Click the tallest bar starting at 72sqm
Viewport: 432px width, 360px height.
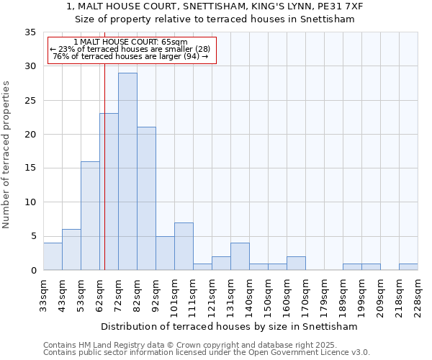pyautogui.click(x=127, y=171)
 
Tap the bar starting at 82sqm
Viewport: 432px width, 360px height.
pyautogui.click(x=146, y=198)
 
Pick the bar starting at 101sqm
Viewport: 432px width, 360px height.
pyautogui.click(x=184, y=246)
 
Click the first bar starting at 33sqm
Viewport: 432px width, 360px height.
pyautogui.click(x=53, y=256)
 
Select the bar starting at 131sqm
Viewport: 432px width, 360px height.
pyautogui.click(x=240, y=256)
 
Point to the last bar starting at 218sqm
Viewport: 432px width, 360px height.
pyautogui.click(x=408, y=266)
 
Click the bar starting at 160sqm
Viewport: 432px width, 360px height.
pyautogui.click(x=296, y=263)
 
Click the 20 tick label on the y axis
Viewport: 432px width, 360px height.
pyautogui.click(x=30, y=135)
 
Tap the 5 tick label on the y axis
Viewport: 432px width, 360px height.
pyautogui.click(x=32, y=236)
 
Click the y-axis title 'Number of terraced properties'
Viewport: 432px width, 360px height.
pyautogui.click(x=7, y=155)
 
